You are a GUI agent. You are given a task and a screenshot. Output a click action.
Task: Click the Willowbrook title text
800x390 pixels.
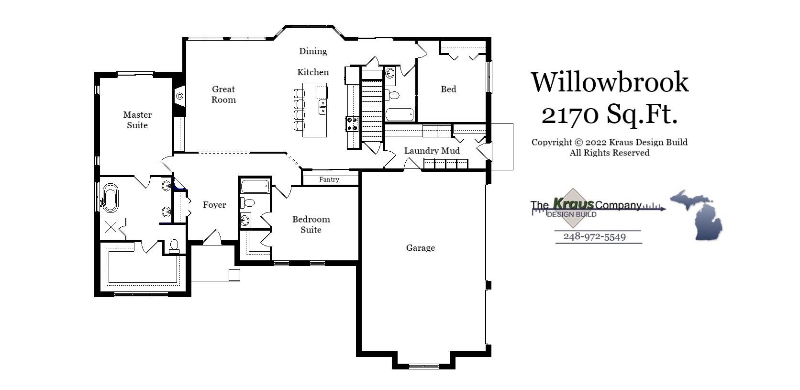tap(610, 82)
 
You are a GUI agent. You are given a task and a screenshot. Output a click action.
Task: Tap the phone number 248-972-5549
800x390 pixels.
tap(594, 237)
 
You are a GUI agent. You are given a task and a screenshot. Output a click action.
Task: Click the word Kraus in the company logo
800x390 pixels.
tap(573, 204)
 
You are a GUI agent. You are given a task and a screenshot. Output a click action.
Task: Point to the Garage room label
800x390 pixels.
tap(420, 248)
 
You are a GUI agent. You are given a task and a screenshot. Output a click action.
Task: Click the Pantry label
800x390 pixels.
tap(329, 179)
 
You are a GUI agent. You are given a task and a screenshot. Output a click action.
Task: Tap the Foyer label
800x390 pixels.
tap(214, 205)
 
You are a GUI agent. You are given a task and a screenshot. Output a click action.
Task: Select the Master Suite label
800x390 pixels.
tap(137, 120)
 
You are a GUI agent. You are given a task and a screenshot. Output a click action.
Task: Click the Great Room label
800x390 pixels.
tap(223, 94)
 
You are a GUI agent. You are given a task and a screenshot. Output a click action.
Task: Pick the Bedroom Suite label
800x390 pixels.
tap(311, 224)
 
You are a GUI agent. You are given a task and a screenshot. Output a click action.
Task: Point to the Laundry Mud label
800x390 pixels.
tap(432, 151)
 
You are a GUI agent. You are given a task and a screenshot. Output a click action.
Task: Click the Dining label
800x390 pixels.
tap(313, 51)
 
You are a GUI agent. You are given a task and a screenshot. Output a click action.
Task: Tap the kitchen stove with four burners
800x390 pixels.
tap(352, 124)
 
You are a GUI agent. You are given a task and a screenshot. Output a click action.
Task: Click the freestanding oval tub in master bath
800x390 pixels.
tap(111, 198)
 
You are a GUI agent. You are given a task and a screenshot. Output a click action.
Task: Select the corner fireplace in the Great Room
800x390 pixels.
tap(179, 96)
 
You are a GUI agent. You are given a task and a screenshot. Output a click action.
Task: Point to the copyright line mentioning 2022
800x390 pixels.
tap(609, 142)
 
